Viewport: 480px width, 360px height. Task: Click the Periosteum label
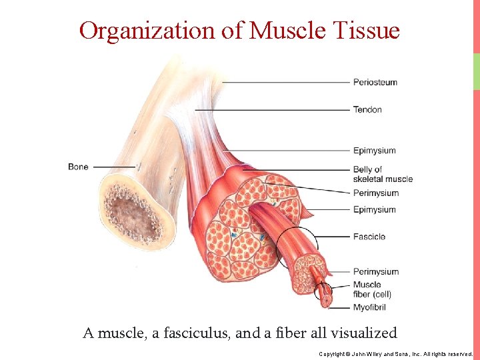click(375, 83)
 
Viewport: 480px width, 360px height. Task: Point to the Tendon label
click(367, 109)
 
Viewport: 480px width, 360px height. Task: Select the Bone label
click(78, 167)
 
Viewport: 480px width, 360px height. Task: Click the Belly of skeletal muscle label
click(383, 174)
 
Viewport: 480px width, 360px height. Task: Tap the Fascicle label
click(369, 237)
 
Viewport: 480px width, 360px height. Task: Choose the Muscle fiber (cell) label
click(372, 289)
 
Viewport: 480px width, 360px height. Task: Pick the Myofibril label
click(369, 307)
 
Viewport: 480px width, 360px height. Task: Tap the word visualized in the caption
click(365, 333)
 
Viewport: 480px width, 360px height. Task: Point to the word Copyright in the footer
click(333, 353)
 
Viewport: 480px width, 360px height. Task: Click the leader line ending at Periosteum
click(287, 83)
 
